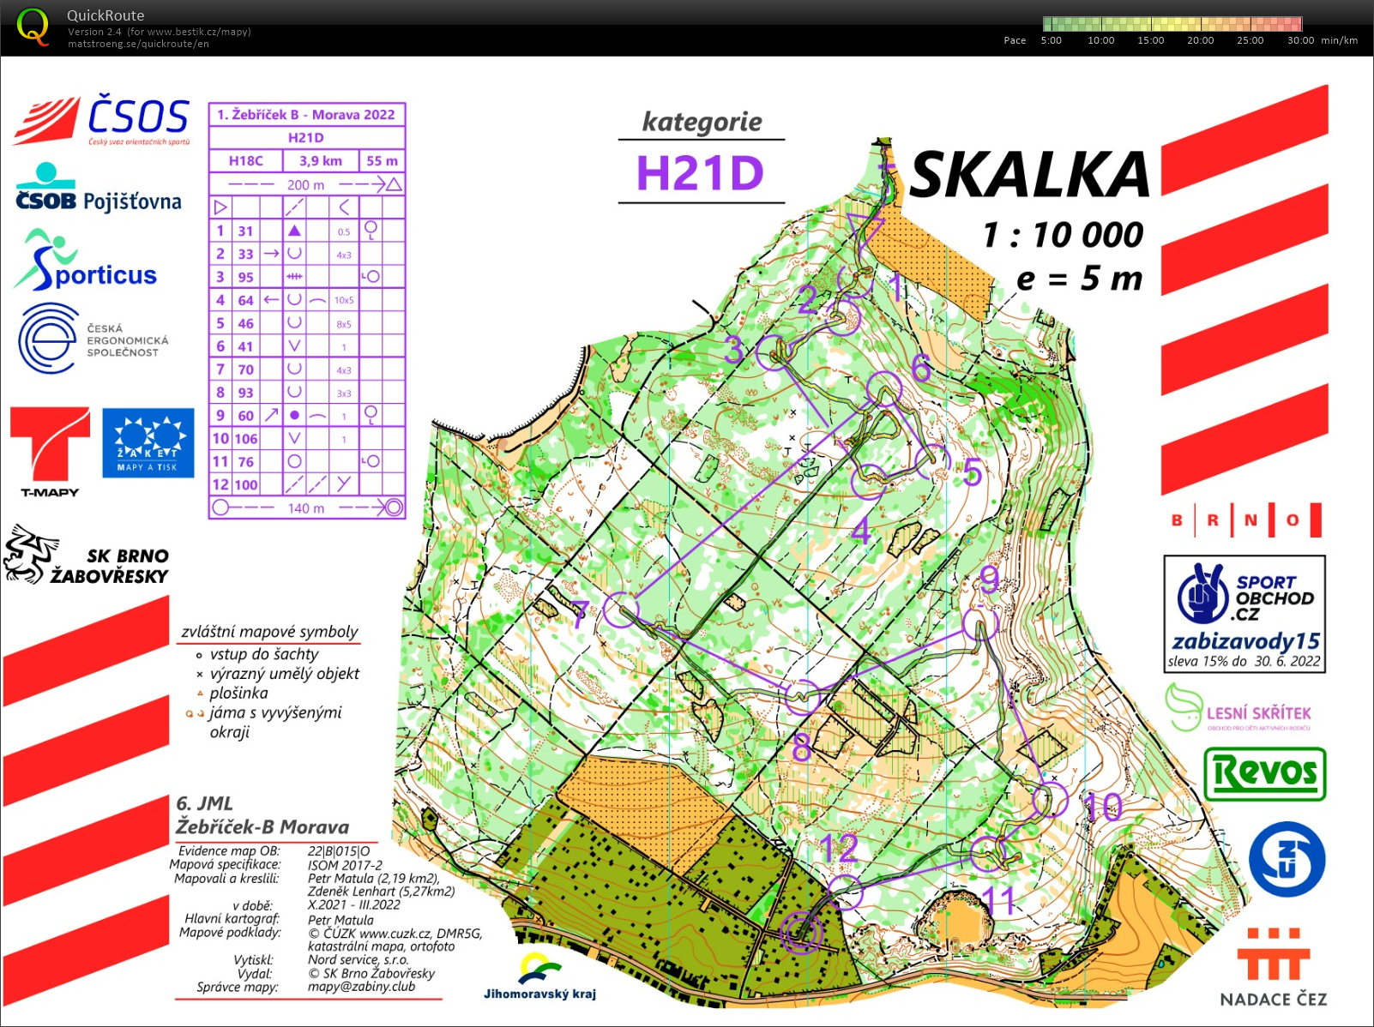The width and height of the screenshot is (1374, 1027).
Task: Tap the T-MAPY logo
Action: [50, 451]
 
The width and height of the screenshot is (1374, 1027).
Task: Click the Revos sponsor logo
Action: [1265, 773]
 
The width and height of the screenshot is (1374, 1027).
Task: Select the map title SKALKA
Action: [1029, 175]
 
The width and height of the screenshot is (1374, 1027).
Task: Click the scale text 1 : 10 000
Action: [1063, 235]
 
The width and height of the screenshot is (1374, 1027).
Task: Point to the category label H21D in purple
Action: [700, 173]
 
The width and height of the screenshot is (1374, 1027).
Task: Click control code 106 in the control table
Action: [246, 438]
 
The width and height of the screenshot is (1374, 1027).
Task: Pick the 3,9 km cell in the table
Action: [320, 160]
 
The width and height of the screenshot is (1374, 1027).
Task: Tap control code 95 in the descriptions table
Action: [246, 277]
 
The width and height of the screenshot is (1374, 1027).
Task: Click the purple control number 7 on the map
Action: [581, 614]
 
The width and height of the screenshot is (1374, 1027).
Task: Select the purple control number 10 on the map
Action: [1103, 806]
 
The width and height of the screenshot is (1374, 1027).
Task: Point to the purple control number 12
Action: [838, 849]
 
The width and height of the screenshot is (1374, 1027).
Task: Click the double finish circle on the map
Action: [802, 932]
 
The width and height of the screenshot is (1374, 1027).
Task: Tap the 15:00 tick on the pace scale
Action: [1150, 40]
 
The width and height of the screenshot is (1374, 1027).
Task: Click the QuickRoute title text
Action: [105, 15]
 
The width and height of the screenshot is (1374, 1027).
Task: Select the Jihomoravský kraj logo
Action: [539, 977]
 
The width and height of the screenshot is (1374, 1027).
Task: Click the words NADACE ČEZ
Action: [1273, 999]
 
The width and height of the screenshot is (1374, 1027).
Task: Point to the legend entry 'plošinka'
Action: [238, 693]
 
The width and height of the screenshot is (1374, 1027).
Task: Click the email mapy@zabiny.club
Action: [361, 987]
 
